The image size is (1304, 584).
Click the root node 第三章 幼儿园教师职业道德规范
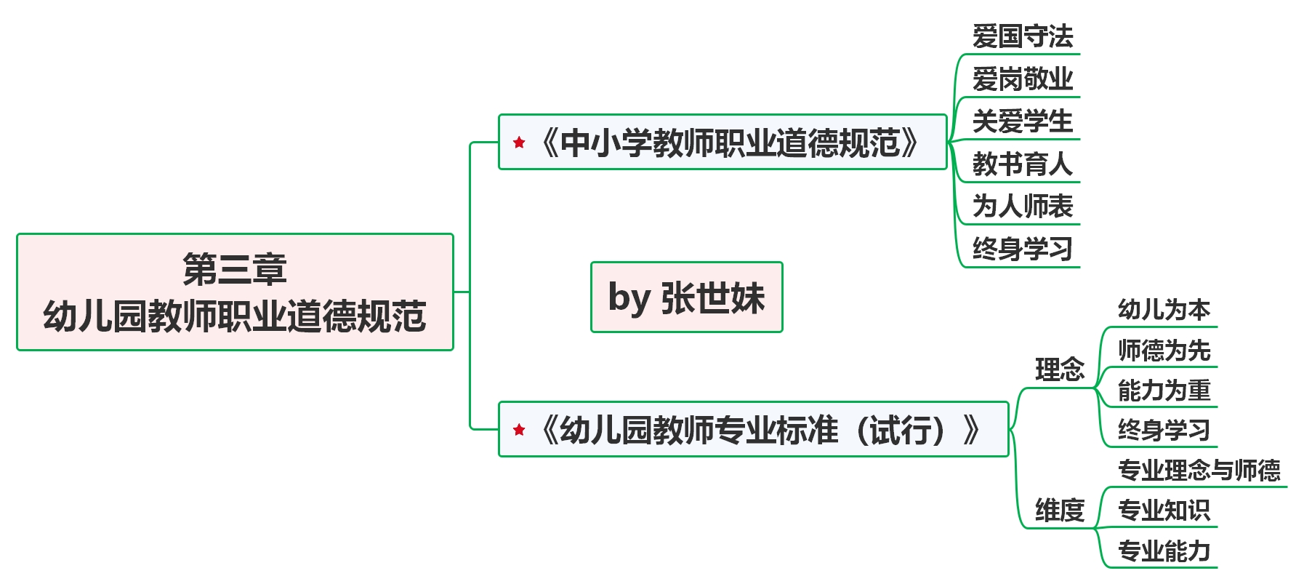coord(235,292)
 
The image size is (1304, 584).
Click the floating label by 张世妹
coord(686,297)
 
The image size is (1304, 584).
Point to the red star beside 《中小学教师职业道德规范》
coord(519,143)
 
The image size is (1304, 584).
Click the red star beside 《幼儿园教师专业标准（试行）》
coord(519,430)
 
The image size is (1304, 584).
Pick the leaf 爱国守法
coord(1022,36)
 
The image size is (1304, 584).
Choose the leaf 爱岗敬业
coord(1022,79)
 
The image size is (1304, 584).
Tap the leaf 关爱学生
coord(1022,121)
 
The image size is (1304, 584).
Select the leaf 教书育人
coord(1022,164)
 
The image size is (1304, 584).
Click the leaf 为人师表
coord(1022,207)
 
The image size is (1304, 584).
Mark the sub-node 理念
coord(1059,370)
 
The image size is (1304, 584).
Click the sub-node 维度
coord(1059,511)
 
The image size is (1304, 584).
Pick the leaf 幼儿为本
coord(1163,311)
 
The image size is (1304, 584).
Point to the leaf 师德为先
coord(1163,351)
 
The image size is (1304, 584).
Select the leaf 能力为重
coord(1163,391)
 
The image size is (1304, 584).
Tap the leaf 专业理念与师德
coord(1199,471)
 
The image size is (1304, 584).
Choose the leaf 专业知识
coord(1163,511)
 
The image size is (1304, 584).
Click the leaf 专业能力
coord(1163,551)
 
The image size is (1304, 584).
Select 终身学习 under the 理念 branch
coord(1163,431)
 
